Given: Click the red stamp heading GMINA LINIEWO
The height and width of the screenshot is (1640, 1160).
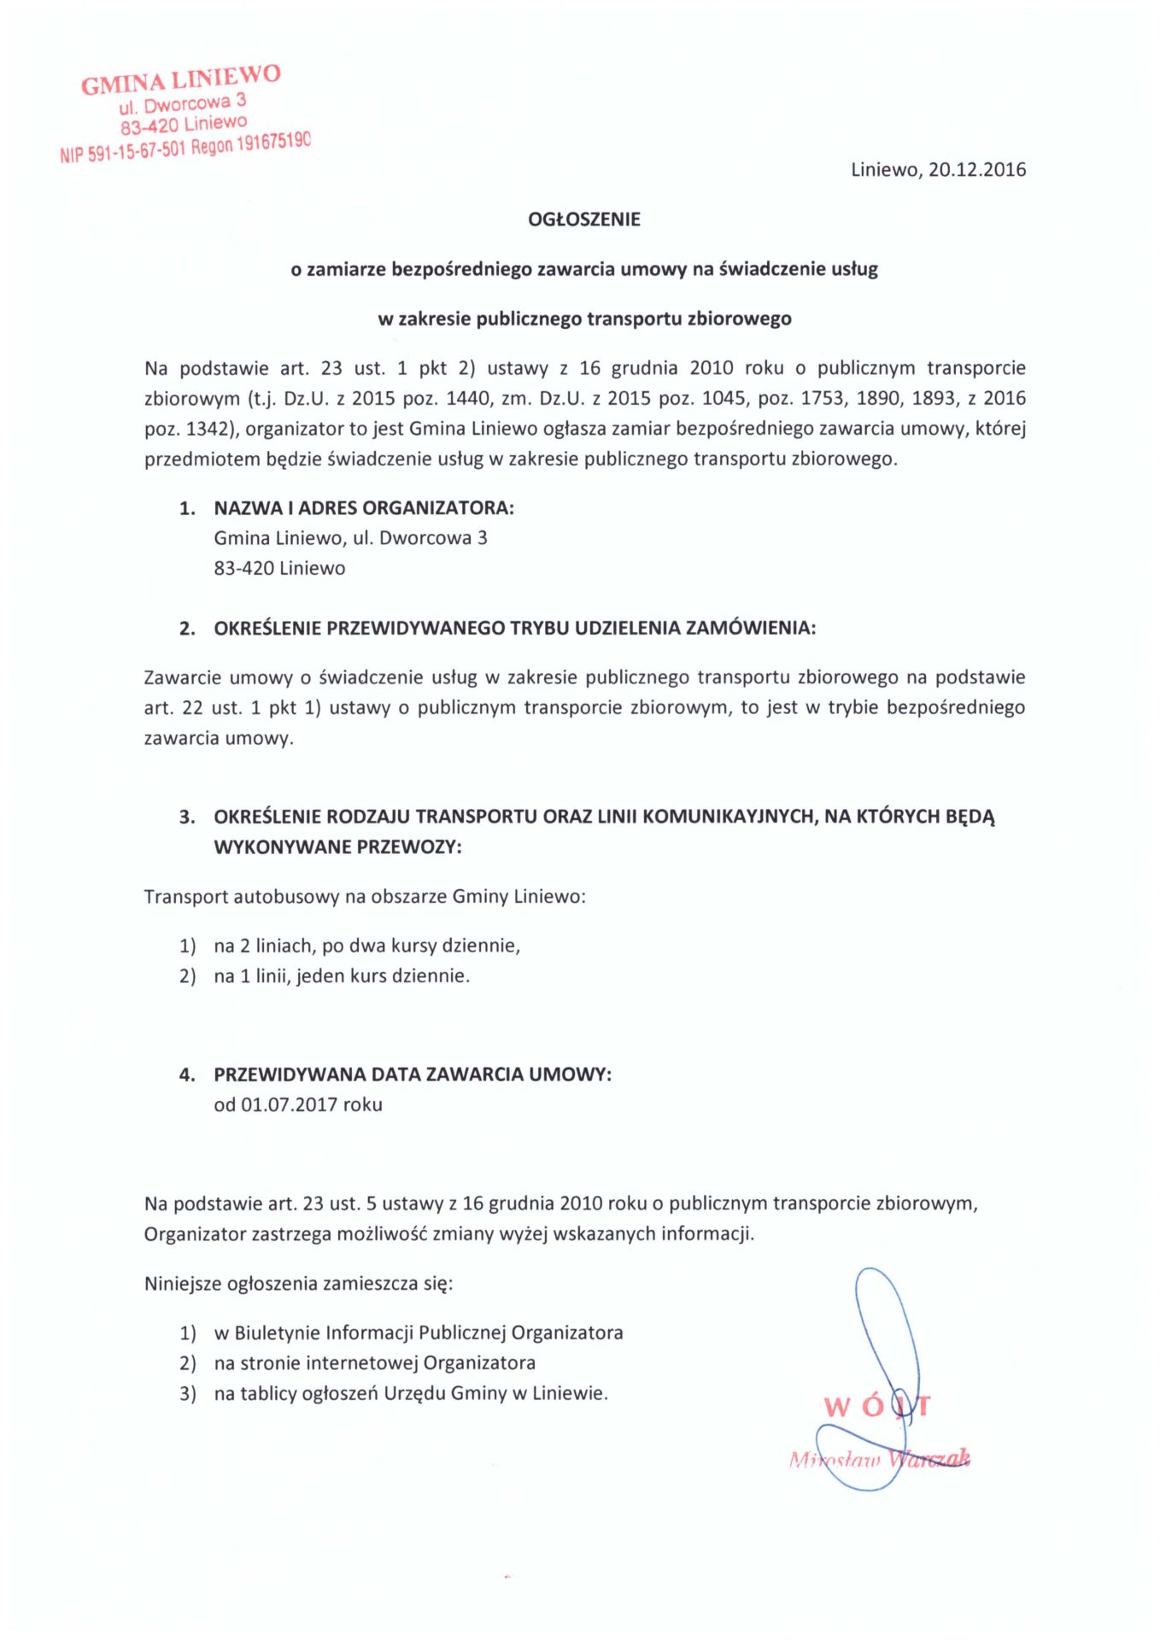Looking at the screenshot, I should [x=181, y=79].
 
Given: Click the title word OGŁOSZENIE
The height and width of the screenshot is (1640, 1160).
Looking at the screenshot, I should [x=584, y=220].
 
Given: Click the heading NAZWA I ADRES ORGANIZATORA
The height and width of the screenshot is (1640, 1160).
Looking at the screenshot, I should [x=363, y=508].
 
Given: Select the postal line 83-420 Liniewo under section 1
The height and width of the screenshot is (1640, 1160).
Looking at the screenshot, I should [x=279, y=568].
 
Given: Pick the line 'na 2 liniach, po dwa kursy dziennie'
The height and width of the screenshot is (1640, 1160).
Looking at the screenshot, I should [x=366, y=946].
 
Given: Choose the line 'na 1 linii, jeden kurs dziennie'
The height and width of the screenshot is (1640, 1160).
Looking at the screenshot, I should [x=342, y=975].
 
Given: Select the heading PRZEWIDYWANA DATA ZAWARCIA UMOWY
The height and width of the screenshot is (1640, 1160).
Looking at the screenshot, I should [x=413, y=1075].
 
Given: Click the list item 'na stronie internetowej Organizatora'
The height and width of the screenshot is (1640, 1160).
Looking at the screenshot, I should [x=374, y=1362].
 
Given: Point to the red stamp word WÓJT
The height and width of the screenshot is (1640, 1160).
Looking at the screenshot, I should [x=876, y=1407].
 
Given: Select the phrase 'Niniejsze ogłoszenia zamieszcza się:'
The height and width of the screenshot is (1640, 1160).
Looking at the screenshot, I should [x=298, y=1283].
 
